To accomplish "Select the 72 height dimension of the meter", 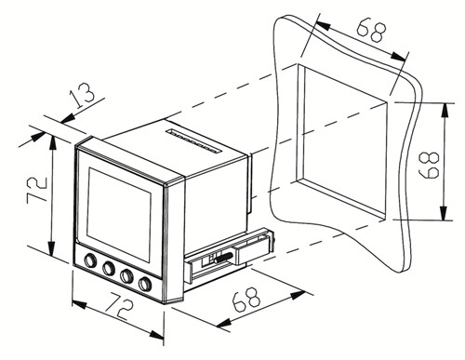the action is pyautogui.click(x=36, y=190).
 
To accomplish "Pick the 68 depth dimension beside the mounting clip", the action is pyautogui.click(x=246, y=300).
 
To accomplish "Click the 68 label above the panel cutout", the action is pyautogui.click(x=371, y=30).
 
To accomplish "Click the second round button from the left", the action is pyautogui.click(x=109, y=268).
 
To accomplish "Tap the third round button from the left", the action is pyautogui.click(x=126, y=275).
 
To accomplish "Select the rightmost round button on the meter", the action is pyautogui.click(x=145, y=284).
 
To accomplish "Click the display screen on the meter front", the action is pyautogui.click(x=118, y=215).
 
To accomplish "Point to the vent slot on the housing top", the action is pyautogui.click(x=193, y=140).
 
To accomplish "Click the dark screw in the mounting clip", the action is pyautogui.click(x=222, y=258).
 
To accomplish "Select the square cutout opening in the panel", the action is pyautogui.click(x=342, y=142).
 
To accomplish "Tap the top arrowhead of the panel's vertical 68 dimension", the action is pyautogui.click(x=445, y=110).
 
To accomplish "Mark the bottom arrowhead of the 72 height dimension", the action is pyautogui.click(x=52, y=247).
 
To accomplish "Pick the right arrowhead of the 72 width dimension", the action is pyautogui.click(x=156, y=334).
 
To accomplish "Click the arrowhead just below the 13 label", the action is pyautogui.click(x=69, y=118).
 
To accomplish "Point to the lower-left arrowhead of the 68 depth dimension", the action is pyautogui.click(x=223, y=323).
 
